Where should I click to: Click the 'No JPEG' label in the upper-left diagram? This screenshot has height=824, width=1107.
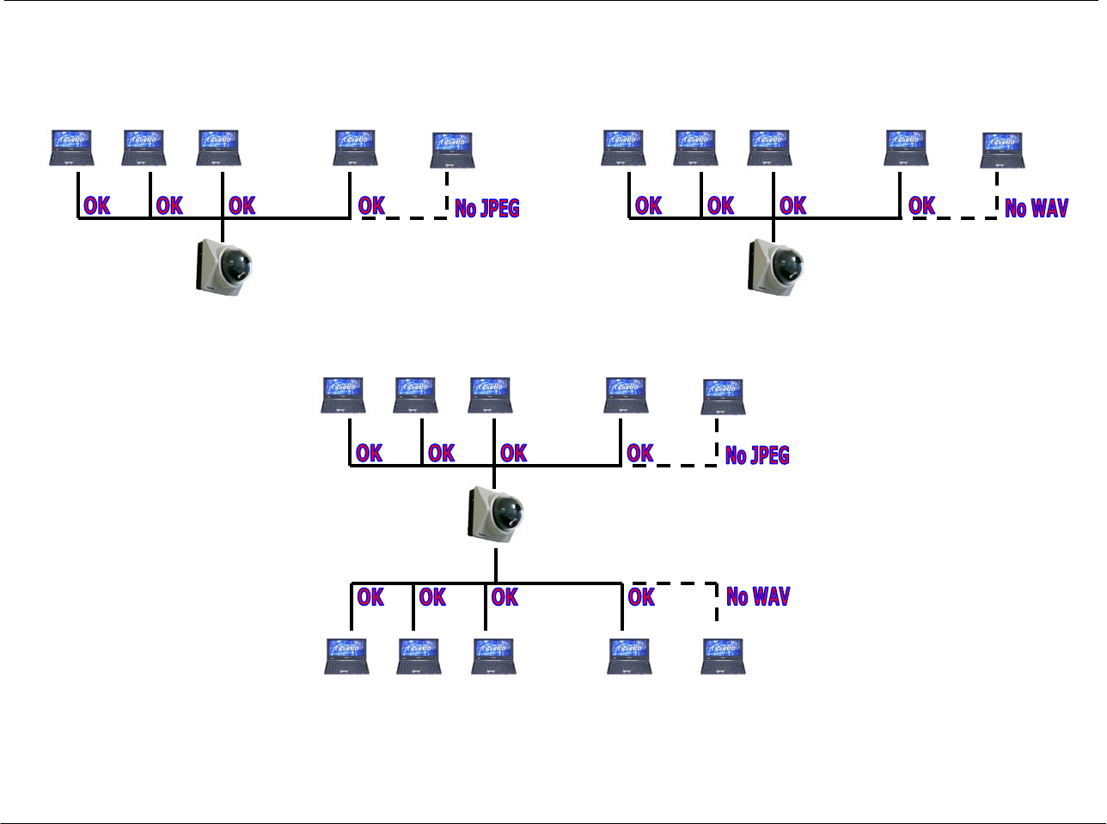(486, 208)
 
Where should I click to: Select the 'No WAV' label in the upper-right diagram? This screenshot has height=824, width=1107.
(1037, 208)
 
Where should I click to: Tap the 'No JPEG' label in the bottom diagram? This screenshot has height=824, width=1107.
(757, 455)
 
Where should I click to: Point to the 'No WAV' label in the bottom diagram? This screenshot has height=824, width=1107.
(758, 596)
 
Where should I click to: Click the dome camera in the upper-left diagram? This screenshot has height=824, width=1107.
(223, 264)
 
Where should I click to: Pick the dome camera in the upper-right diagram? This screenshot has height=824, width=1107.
(776, 264)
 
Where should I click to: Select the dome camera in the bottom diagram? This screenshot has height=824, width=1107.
(496, 513)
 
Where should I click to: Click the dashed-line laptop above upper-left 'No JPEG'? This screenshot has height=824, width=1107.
(452, 151)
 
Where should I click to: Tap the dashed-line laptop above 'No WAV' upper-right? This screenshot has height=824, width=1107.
(1003, 150)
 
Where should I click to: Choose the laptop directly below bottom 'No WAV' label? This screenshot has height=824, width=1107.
(724, 656)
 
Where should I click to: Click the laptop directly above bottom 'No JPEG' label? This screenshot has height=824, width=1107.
(724, 397)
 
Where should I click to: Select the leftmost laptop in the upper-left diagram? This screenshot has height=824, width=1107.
(72, 148)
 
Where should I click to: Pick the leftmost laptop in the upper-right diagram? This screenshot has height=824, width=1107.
(624, 148)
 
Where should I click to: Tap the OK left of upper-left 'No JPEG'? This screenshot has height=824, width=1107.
(371, 205)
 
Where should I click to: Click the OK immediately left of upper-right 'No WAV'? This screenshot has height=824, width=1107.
(921, 205)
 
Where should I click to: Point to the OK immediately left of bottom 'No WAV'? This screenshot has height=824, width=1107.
(641, 596)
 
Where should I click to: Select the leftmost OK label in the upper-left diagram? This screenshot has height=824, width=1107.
(97, 205)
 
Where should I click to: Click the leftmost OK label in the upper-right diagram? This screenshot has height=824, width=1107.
(648, 205)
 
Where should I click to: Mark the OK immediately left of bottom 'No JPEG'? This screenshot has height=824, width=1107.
(640, 453)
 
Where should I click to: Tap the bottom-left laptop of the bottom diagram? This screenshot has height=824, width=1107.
(347, 656)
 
